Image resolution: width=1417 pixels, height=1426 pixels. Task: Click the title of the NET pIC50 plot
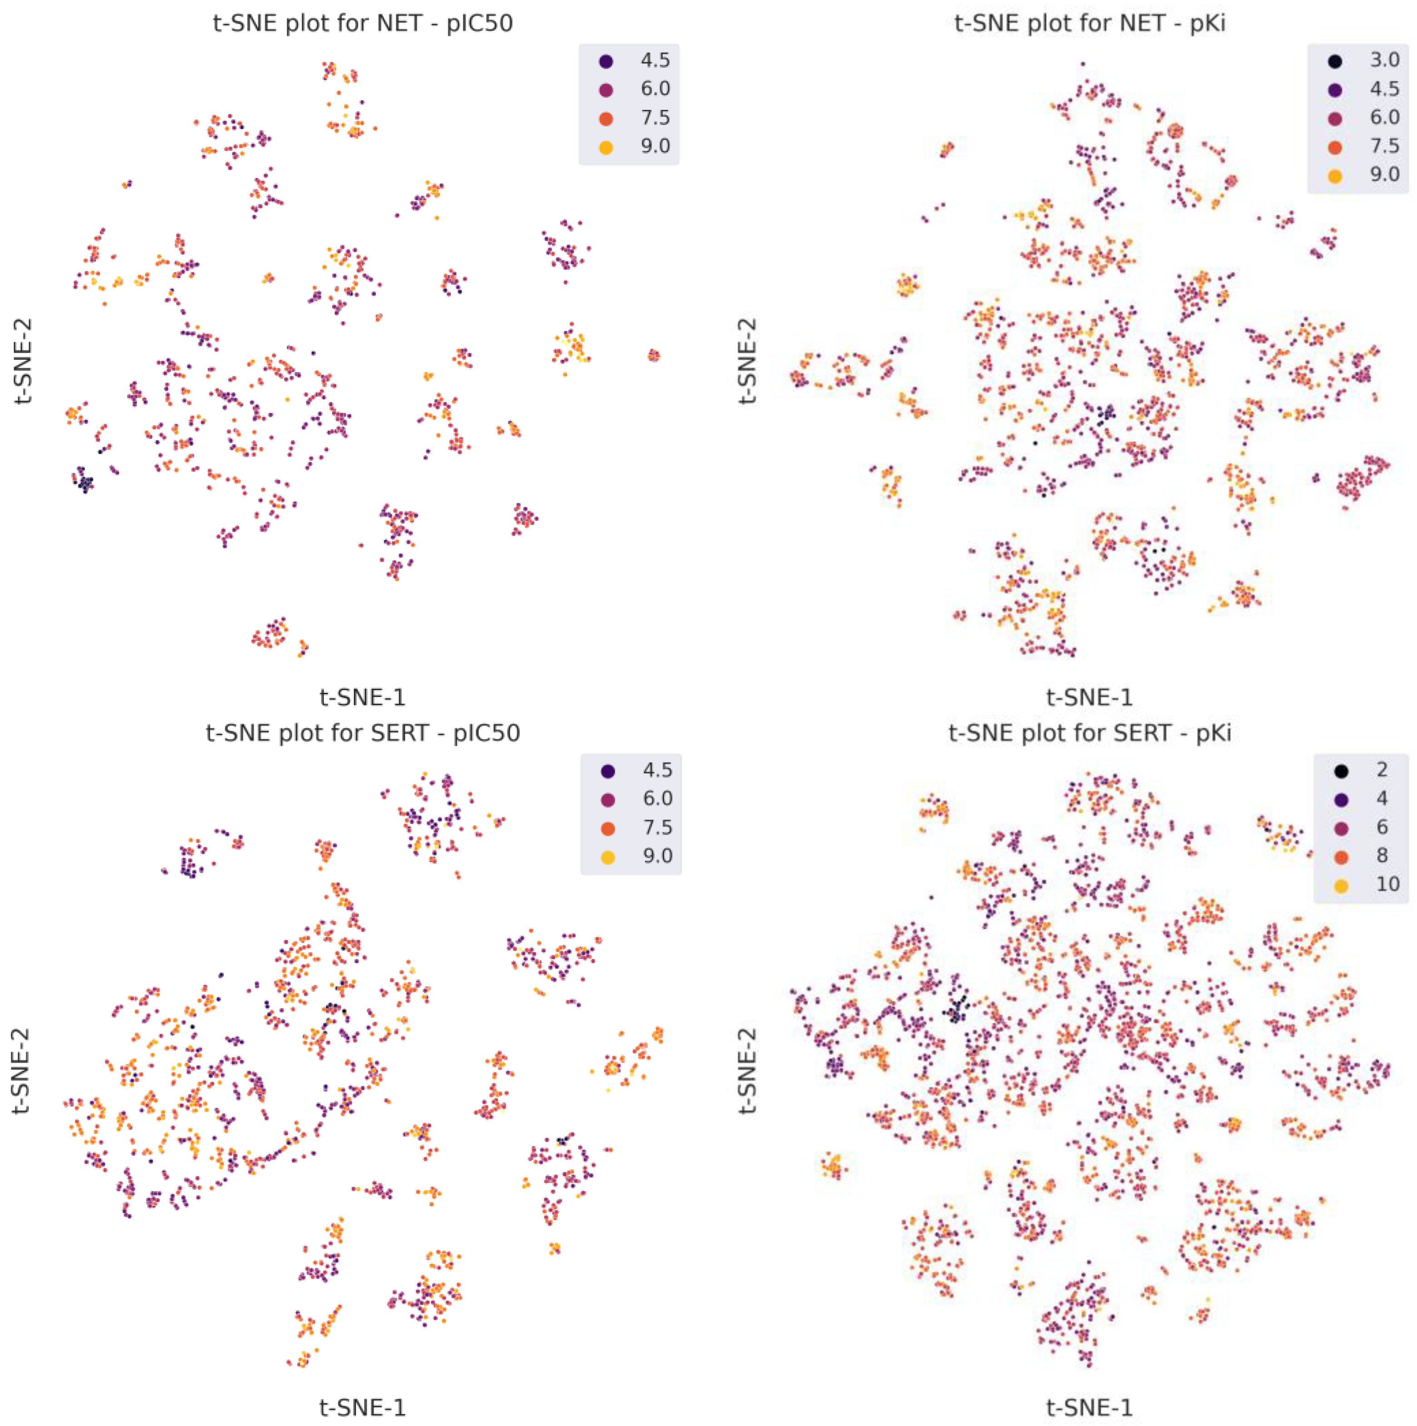tap(363, 24)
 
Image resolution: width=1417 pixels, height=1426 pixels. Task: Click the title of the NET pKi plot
tap(1089, 24)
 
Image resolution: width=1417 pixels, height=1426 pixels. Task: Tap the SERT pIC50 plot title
tap(363, 733)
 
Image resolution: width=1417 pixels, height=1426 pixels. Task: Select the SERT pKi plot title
tap(1089, 733)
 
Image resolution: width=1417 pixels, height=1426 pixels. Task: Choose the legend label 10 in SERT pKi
tap(1387, 884)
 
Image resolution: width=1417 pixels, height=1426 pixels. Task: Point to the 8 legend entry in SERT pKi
tap(1382, 855)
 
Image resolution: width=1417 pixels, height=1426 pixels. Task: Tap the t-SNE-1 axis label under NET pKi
tap(1089, 697)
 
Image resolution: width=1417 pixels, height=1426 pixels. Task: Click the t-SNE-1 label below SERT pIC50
tap(363, 1407)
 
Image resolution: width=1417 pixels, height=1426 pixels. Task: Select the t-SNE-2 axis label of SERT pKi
tap(748, 1070)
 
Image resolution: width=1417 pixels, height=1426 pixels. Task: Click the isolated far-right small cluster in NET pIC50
tap(653, 356)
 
